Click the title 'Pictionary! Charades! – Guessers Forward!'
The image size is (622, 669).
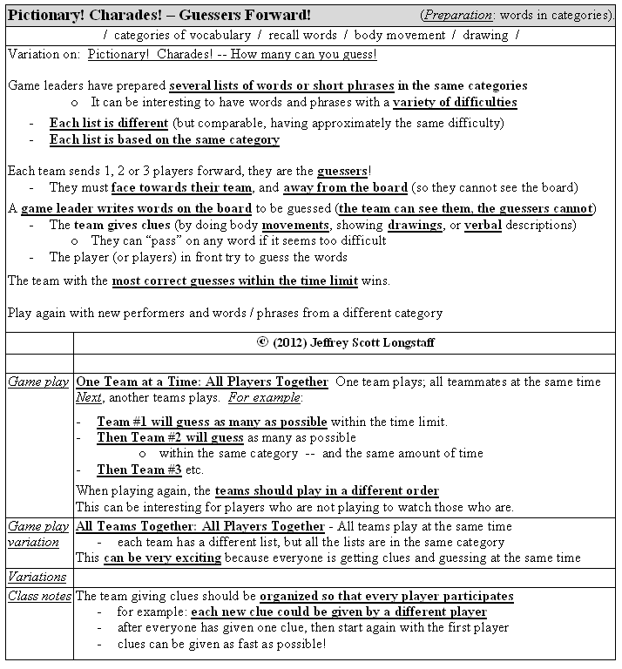tap(159, 16)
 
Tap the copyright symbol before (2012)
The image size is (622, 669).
tap(262, 342)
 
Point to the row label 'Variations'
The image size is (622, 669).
tap(37, 577)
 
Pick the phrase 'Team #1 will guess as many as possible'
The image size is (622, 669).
tap(212, 422)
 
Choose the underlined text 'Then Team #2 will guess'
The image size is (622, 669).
tap(170, 437)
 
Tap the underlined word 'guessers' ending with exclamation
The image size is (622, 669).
tap(341, 172)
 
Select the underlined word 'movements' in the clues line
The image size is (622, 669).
tap(294, 225)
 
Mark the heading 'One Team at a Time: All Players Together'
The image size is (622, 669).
tap(202, 382)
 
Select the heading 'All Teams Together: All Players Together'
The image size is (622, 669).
tap(200, 526)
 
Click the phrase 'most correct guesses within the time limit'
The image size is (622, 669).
tap(247, 280)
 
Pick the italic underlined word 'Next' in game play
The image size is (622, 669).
tap(89, 397)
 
